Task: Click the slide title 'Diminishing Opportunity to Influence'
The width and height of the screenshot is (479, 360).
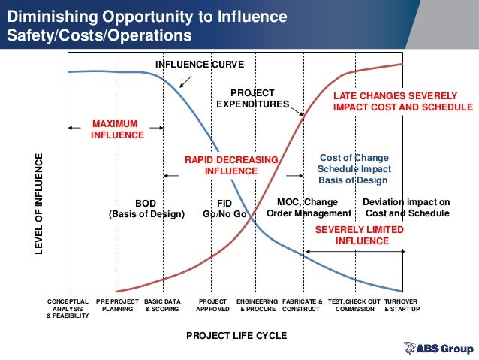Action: click(142, 16)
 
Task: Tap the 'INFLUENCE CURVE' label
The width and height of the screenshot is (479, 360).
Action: click(194, 64)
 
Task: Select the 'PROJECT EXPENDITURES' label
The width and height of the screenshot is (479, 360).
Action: click(252, 98)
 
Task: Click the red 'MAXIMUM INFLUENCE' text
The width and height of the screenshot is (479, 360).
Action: click(117, 129)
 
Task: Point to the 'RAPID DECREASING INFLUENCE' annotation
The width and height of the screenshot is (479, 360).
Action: click(231, 165)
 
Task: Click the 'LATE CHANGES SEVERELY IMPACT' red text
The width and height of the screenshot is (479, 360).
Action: click(402, 102)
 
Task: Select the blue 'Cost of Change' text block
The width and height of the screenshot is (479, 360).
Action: click(354, 169)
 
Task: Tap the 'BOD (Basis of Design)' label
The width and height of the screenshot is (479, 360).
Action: click(146, 208)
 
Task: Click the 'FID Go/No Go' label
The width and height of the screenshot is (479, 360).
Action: click(224, 208)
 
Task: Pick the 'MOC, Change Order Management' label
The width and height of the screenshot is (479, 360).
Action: click(308, 208)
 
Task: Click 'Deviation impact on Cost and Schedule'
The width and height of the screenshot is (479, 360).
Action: click(405, 208)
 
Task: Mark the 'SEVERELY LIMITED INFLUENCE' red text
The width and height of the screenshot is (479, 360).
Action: click(362, 235)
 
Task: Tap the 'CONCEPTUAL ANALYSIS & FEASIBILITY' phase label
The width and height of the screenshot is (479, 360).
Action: click(68, 308)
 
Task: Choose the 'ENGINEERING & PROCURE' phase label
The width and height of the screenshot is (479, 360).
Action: click(258, 304)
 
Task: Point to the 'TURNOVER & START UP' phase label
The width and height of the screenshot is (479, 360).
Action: click(402, 304)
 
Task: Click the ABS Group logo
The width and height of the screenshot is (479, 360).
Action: click(438, 349)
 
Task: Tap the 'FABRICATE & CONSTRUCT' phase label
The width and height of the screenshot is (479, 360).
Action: click(302, 304)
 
